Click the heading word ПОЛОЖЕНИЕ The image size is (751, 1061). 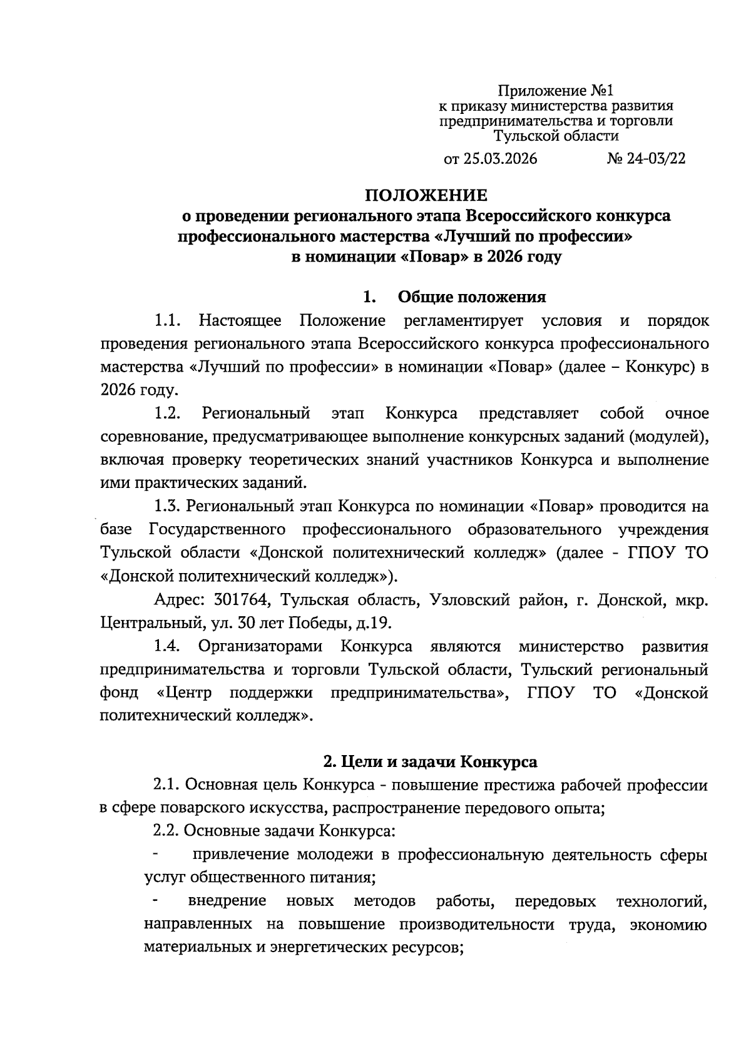pos(426,195)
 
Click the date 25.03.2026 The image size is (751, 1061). pos(500,159)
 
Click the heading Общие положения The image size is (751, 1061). pos(472,297)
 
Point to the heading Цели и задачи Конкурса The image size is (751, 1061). pos(429,762)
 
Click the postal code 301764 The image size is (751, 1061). pos(242,601)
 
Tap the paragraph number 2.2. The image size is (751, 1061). pos(167,831)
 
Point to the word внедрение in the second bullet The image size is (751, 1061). pos(227,901)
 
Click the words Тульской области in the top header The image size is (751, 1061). pos(556,136)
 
